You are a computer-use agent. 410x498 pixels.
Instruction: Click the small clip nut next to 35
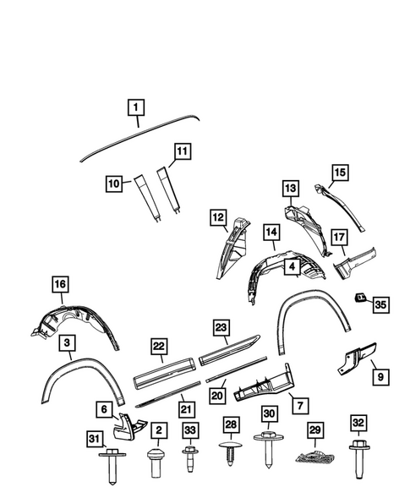[358, 298]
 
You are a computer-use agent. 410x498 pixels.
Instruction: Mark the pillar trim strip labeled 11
[172, 189]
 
